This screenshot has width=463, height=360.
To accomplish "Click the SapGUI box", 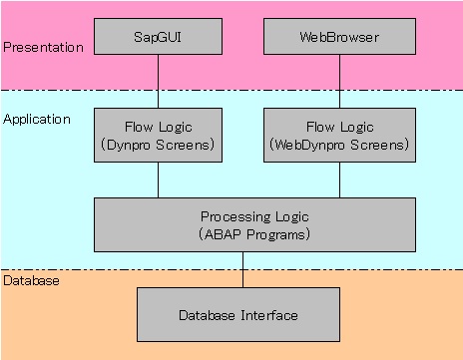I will [158, 36].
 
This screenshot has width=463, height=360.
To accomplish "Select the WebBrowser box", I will [340, 36].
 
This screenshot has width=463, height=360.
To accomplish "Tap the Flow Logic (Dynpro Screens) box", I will [158, 136].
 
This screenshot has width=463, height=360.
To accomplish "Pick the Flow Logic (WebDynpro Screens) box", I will [340, 136].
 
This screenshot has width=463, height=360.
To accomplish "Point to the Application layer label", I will [37, 119].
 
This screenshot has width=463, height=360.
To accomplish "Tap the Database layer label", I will [31, 281].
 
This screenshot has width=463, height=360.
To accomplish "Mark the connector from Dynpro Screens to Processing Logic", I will [158, 180].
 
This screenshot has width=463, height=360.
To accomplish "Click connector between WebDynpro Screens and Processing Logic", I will [340, 180].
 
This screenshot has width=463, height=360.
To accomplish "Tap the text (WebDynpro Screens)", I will [340, 145].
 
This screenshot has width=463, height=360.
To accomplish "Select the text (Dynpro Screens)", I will [158, 145].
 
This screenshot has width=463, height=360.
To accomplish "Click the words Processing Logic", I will [254, 215].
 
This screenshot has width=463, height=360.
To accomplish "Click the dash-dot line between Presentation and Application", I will [231, 91].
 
